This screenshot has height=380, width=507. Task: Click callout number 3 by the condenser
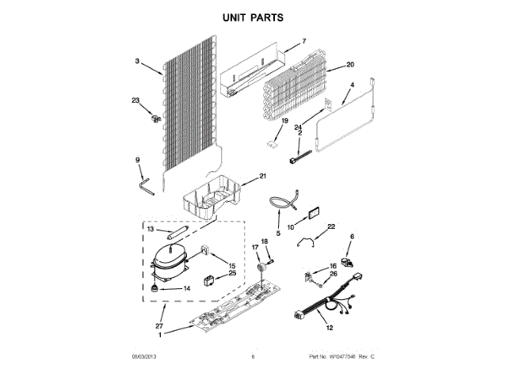tap(136, 61)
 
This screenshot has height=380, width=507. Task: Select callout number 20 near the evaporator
tap(350, 65)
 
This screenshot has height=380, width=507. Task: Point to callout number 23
tap(135, 101)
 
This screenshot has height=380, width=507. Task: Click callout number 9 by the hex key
tap(137, 160)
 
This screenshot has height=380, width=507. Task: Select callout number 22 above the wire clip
tap(332, 226)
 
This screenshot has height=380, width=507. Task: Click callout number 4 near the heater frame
tap(353, 85)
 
